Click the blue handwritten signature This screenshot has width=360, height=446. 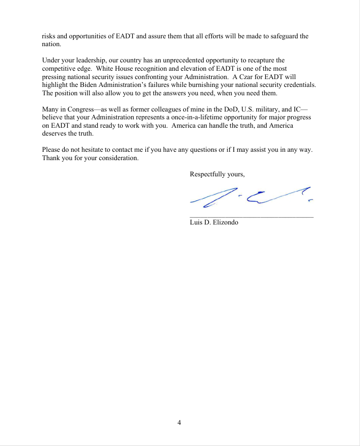tap(250, 196)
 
